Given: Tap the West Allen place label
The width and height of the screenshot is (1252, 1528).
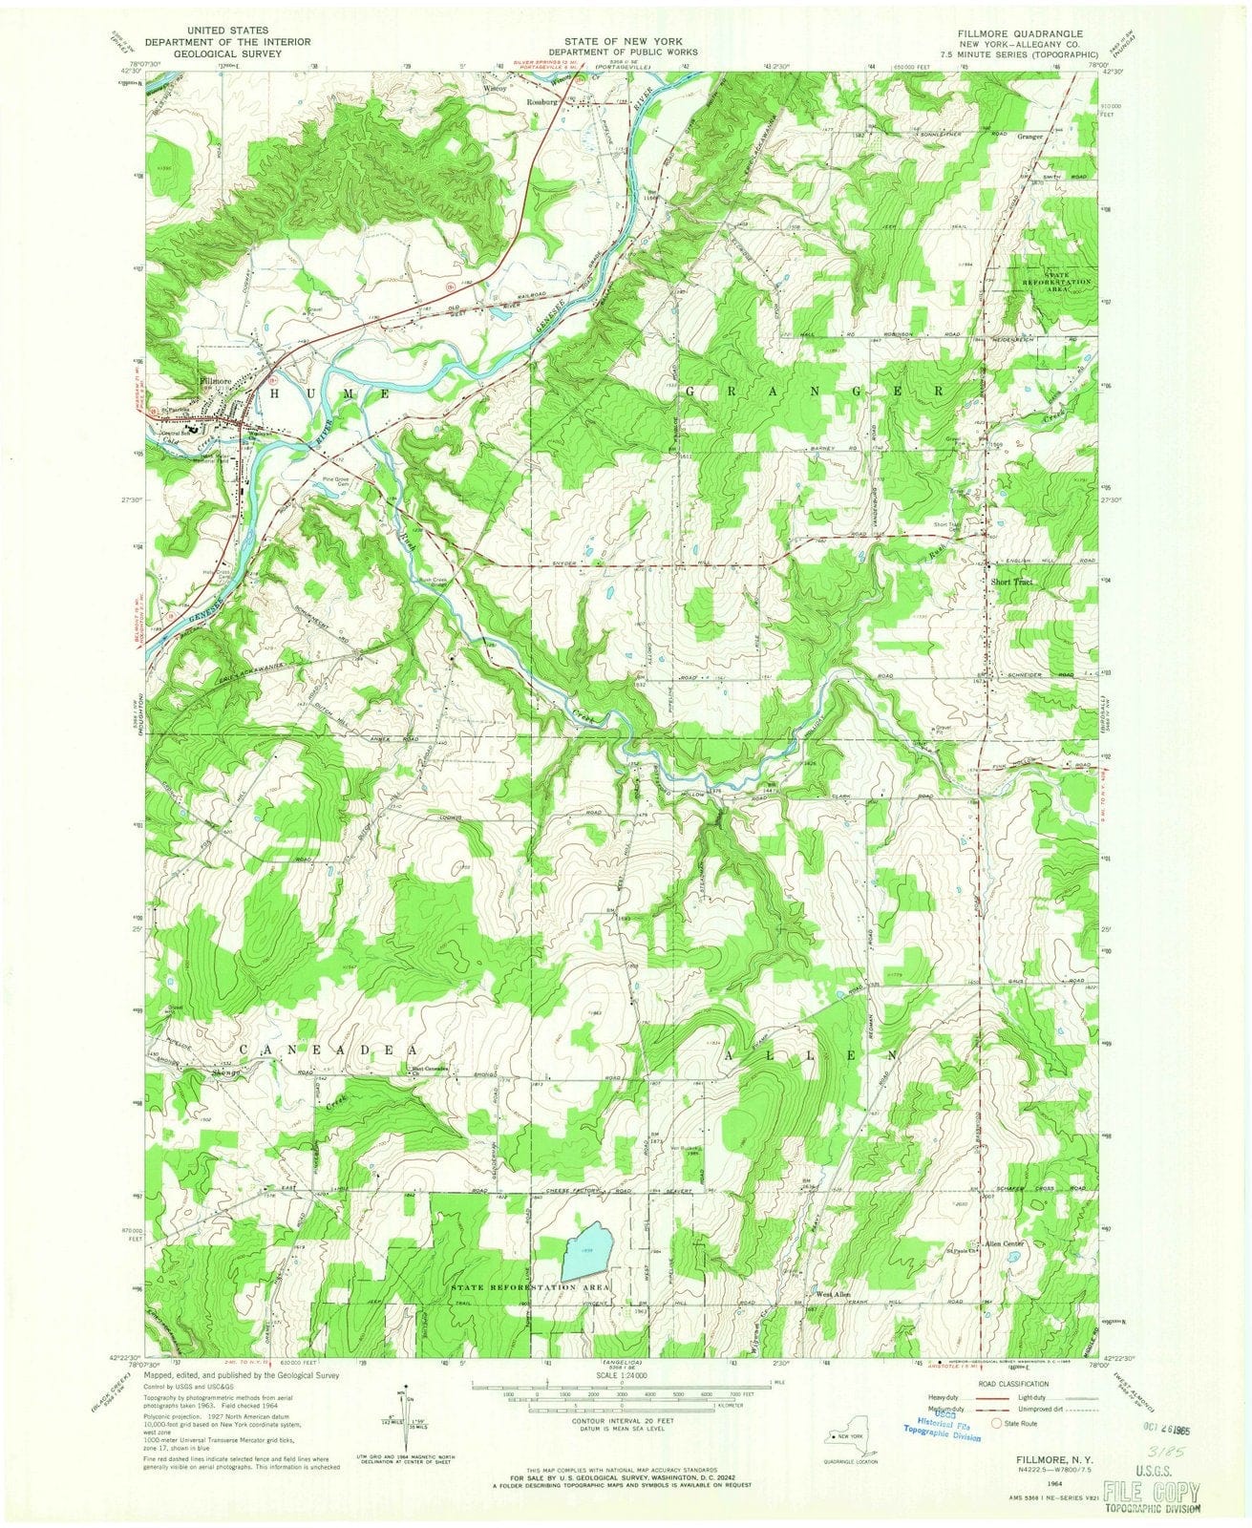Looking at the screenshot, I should pyautogui.click(x=832, y=1294).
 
